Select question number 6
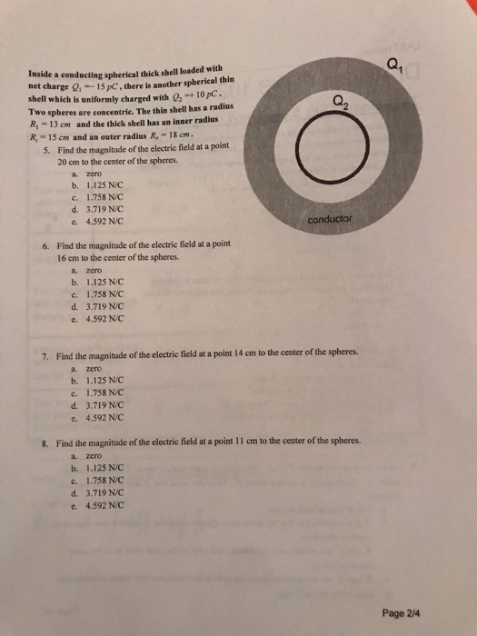[x=45, y=245]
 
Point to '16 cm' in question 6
[x=69, y=258]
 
